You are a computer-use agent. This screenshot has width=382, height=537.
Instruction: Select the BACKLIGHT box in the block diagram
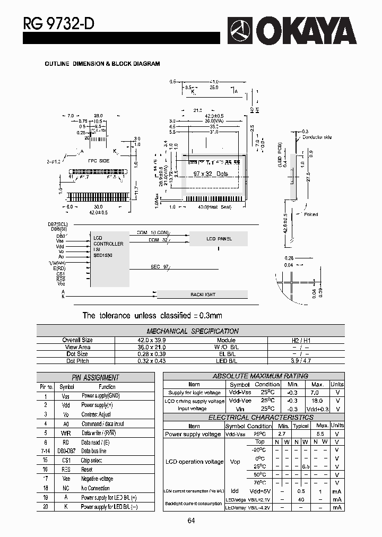point(203,294)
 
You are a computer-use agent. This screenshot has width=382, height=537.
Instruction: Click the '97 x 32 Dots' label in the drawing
point(211,174)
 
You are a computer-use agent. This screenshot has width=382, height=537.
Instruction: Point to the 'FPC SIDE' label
point(98,160)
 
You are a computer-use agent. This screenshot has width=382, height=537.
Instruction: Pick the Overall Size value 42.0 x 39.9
point(151,340)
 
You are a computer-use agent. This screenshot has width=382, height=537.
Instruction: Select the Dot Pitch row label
point(77,361)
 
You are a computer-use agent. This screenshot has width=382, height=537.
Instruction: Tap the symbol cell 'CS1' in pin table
point(66,460)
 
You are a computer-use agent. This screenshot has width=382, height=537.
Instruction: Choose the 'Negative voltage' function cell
point(97,479)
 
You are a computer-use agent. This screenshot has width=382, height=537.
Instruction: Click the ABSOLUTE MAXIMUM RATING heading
point(260,376)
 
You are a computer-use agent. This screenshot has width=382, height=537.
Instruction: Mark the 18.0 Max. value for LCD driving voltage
point(317,401)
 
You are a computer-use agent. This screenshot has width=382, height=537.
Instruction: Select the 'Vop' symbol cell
point(235,462)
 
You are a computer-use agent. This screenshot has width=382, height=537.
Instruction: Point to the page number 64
point(191,521)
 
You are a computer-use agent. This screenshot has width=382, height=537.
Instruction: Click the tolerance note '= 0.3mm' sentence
point(152,316)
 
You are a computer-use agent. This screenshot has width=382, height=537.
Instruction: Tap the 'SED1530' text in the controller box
point(103,255)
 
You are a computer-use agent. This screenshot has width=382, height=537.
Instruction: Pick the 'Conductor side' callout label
point(317,137)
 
